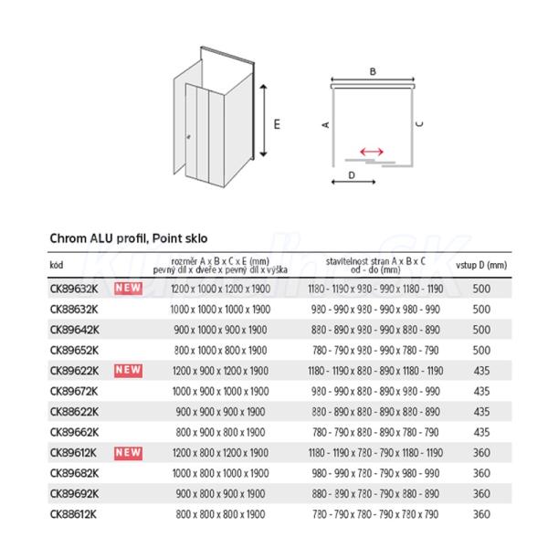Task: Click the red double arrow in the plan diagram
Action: coord(371,153)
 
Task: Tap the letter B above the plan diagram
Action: coord(373,70)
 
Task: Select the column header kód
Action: coord(56,265)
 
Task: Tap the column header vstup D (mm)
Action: coord(480,265)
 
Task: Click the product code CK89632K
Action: coord(75,289)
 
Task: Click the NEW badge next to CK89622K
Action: coord(128,370)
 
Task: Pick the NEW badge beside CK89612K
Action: coord(128,452)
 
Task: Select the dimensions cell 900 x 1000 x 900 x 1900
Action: coord(220,330)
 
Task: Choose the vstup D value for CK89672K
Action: coord(481,391)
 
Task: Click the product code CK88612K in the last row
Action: coord(75,513)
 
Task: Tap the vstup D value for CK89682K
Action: coord(481,473)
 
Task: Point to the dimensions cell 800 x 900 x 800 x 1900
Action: coord(220,432)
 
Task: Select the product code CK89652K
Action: coord(75,350)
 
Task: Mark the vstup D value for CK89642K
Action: coord(481,330)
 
